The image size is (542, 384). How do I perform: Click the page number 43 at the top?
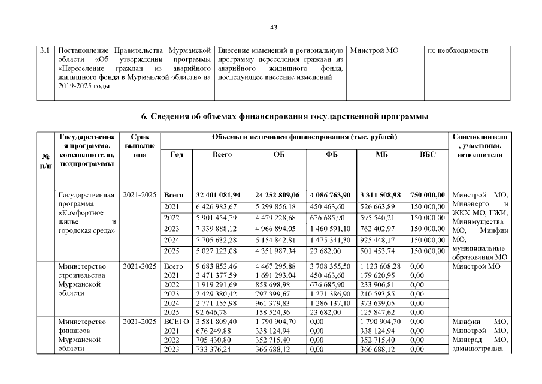(x=274, y=27)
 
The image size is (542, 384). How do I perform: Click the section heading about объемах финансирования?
(x=284, y=116)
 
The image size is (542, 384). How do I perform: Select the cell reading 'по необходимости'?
(x=458, y=50)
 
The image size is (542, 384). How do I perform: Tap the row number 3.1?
(x=44, y=50)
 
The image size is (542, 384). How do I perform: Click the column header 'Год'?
(x=177, y=154)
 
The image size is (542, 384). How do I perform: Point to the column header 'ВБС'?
(x=429, y=154)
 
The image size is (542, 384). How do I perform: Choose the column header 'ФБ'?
(x=331, y=154)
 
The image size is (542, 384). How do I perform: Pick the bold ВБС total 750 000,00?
(x=429, y=195)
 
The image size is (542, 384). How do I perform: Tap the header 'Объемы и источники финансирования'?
(x=305, y=137)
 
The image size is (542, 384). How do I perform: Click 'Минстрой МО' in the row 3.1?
(x=374, y=50)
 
